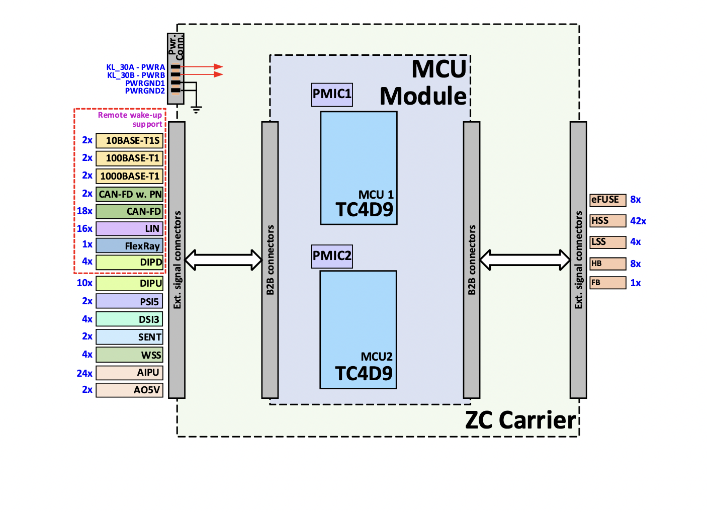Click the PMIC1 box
click(332, 95)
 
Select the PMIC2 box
click(332, 256)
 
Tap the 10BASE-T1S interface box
click(130, 141)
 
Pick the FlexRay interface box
click(130, 245)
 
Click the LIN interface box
click(130, 229)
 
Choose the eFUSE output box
click(607, 200)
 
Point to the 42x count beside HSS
click(638, 221)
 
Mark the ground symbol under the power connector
click(196, 109)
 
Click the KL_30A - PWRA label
click(136, 67)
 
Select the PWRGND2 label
click(145, 91)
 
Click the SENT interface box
click(130, 337)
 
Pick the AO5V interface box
click(130, 390)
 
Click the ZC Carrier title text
click(520, 420)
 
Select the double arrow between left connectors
click(224, 260)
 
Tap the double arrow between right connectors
click(525, 260)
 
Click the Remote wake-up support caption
click(130, 120)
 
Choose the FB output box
click(607, 283)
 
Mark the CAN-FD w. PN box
click(130, 194)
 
